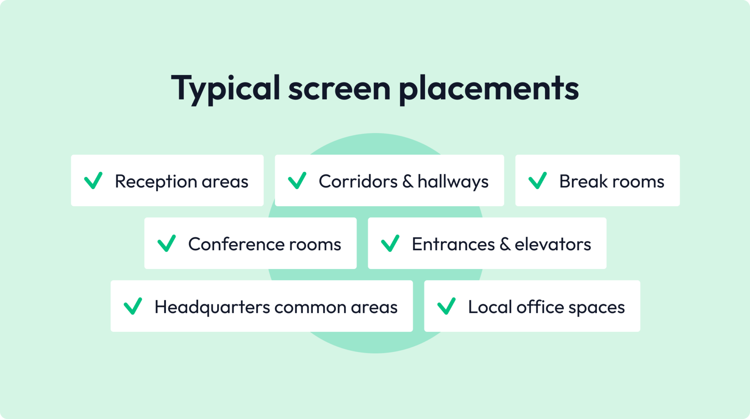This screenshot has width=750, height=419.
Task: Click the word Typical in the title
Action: pos(225,89)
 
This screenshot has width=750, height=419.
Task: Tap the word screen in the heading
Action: pos(339,89)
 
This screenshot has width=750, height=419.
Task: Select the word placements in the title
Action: pos(488,89)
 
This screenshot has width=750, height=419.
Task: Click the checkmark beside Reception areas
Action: pos(93,180)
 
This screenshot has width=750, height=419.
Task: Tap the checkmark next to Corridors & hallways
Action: pos(297,180)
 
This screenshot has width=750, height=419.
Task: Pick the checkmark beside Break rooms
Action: pos(537,180)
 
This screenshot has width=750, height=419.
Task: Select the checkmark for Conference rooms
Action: pos(166,243)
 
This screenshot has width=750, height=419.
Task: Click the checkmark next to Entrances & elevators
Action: pos(390,243)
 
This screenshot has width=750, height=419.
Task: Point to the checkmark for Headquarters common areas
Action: pos(133,306)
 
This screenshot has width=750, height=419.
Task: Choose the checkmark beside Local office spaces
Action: pos(446,306)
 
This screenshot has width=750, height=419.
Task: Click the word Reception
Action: pos(155,182)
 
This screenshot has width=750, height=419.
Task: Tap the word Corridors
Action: pos(358,182)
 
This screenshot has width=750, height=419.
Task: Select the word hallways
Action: pos(453,182)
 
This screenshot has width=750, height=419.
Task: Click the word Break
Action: pos(583,182)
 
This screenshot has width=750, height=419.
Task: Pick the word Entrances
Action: pos(453,244)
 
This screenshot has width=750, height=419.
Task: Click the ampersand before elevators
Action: pos(505,244)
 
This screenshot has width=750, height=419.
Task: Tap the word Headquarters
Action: pos(212,307)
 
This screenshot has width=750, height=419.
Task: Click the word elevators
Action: pos(553,244)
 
